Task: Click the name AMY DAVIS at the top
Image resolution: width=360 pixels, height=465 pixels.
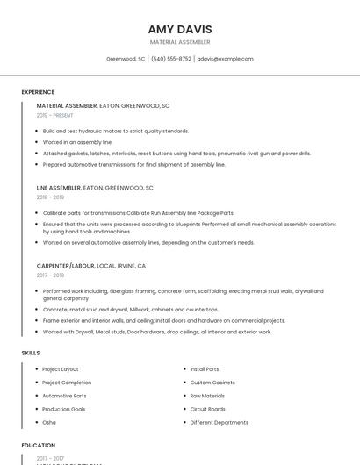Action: point(180,29)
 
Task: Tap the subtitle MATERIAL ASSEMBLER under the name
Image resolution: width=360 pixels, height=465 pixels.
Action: point(180,42)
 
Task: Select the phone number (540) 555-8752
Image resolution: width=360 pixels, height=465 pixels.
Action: point(171,59)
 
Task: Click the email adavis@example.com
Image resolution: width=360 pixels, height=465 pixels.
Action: point(225,59)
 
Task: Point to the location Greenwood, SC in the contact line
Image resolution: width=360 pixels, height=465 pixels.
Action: point(126,59)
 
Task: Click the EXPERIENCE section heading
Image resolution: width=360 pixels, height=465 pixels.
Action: point(38,92)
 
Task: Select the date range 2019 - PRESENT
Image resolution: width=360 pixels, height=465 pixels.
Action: point(54,115)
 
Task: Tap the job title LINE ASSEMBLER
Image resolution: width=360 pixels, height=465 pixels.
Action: point(58,187)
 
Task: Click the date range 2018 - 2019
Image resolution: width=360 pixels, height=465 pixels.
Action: point(50,197)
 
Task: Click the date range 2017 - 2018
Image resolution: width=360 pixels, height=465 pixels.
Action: point(50,275)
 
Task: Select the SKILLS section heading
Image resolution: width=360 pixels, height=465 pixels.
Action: point(31,353)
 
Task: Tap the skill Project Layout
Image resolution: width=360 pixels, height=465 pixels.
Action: point(61,369)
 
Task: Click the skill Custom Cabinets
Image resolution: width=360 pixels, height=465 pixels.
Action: point(212,383)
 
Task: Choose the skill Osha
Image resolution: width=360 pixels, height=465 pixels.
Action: point(49,422)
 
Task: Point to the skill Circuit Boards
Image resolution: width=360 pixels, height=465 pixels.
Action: point(208,409)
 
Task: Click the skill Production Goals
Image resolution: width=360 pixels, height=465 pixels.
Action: point(64,409)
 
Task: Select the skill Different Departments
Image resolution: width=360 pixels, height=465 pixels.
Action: point(220,422)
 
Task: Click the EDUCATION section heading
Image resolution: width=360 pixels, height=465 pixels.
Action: point(39,446)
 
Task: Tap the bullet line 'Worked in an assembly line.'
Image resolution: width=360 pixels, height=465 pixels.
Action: point(78,141)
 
